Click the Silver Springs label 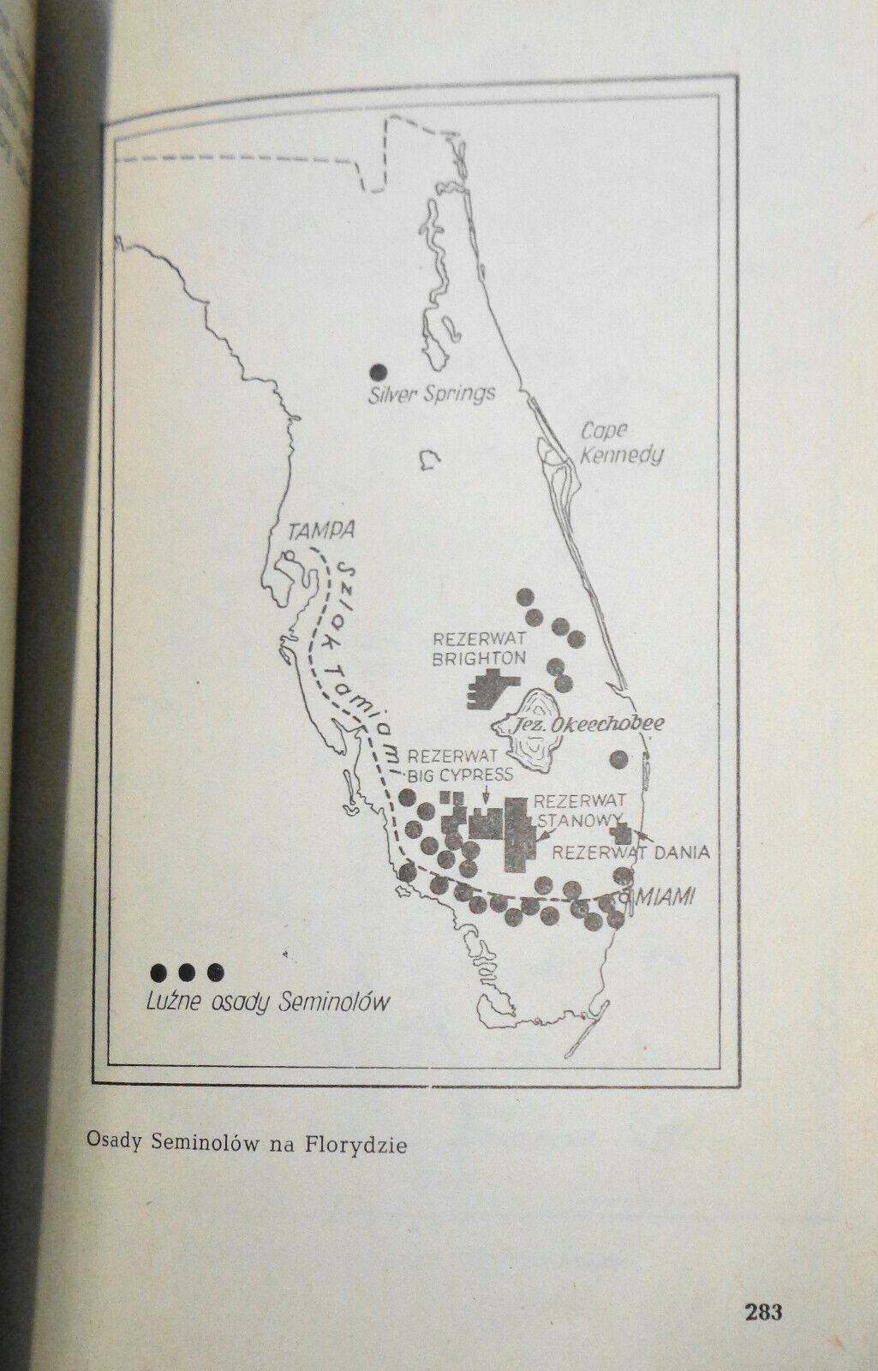tap(433, 394)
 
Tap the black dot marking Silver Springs tap(377, 373)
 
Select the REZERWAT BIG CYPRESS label tap(459, 766)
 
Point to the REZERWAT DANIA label tap(630, 853)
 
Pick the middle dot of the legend tap(187, 972)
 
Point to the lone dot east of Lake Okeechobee tap(618, 758)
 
